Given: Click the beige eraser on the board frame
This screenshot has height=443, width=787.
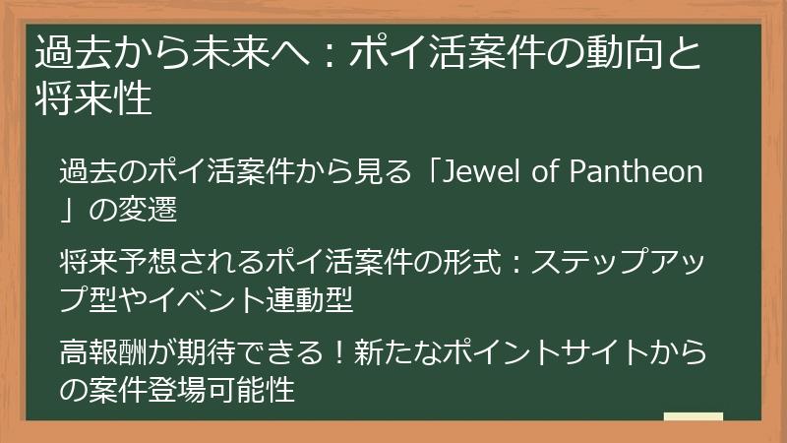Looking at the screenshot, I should pyautogui.click(x=694, y=417).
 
